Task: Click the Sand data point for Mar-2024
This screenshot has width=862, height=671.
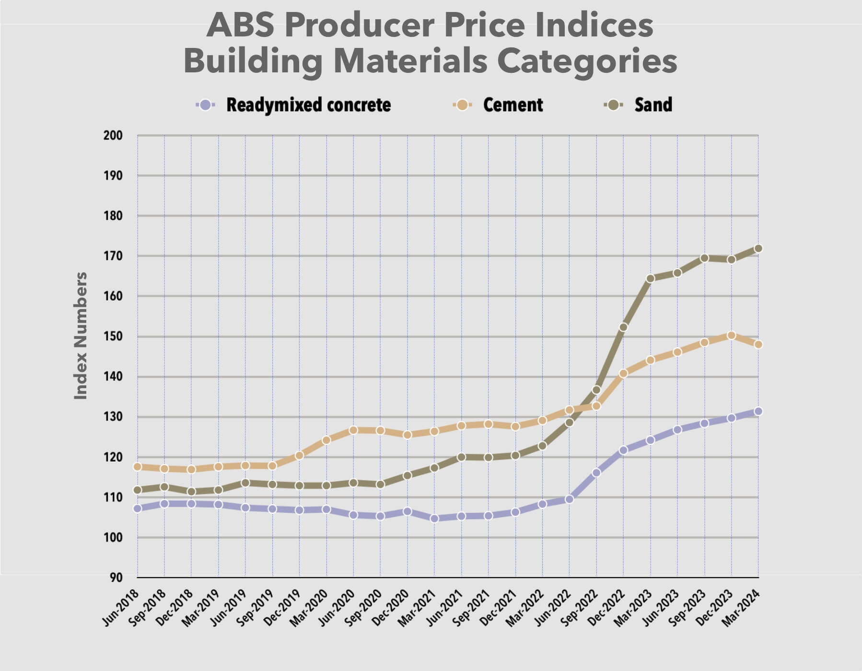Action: coord(758,249)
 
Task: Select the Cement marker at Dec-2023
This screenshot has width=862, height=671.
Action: coord(731,335)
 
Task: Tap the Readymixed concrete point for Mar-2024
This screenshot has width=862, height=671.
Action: coord(758,411)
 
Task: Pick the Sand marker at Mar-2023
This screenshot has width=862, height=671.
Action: coord(650,279)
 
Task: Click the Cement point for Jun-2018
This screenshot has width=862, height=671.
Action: coord(138,467)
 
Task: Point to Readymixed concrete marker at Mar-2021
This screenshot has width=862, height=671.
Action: coord(434,518)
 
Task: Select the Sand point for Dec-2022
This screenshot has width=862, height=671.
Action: coord(623,327)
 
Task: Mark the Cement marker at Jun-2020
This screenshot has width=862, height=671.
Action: coord(353,430)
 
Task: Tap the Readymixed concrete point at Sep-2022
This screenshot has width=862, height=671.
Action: coord(596,473)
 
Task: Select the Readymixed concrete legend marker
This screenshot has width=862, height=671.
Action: coord(206,105)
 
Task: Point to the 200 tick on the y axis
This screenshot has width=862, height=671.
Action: coord(113,136)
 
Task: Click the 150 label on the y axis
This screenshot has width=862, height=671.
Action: coord(113,336)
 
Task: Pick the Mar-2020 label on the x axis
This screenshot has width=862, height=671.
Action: coord(310,607)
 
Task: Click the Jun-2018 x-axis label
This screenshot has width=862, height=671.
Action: coord(121,607)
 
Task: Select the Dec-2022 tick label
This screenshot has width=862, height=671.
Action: coord(607,607)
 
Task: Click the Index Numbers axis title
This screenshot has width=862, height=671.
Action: coord(81,335)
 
